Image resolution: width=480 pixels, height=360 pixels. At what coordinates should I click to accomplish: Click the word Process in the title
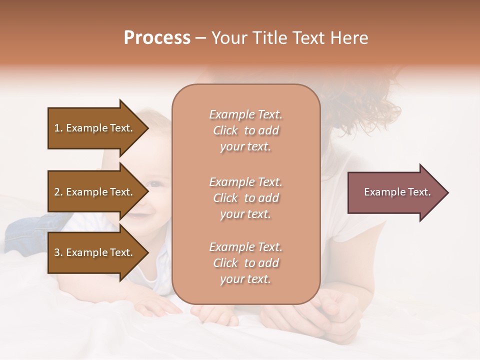pyautogui.click(x=157, y=38)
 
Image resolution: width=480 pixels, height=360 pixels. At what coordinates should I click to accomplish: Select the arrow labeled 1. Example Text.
pyautogui.click(x=95, y=128)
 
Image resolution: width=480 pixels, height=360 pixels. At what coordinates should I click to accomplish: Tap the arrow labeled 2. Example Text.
pyautogui.click(x=95, y=192)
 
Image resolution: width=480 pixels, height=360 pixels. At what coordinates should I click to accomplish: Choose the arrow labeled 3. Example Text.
pyautogui.click(x=95, y=252)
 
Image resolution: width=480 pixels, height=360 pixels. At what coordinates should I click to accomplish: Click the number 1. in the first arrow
pyautogui.click(x=58, y=128)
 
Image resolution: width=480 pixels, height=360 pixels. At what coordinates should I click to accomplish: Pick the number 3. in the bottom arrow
pyautogui.click(x=58, y=252)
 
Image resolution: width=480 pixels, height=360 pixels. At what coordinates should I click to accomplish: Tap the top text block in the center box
pyautogui.click(x=245, y=130)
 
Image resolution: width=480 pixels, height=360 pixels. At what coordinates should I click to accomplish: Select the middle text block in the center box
pyautogui.click(x=245, y=198)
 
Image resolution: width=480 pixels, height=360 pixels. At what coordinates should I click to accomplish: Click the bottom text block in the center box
pyautogui.click(x=245, y=263)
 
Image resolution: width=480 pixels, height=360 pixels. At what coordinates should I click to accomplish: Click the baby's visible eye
pyautogui.click(x=156, y=183)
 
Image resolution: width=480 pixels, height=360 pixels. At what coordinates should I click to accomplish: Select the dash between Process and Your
pyautogui.click(x=201, y=38)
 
